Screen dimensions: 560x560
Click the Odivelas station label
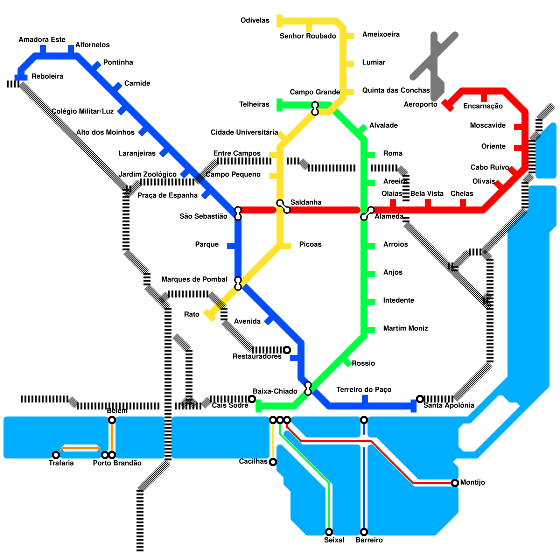pyautogui.click(x=255, y=20)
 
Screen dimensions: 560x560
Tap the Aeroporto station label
pyautogui.click(x=420, y=104)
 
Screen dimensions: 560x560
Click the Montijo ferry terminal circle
pyautogui.click(x=455, y=483)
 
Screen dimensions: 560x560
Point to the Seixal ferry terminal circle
pyautogui.click(x=329, y=532)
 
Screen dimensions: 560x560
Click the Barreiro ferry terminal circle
pyautogui.click(x=364, y=532)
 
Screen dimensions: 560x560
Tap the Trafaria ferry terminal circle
pyautogui.click(x=56, y=455)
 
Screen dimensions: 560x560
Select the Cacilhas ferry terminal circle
pyautogui.click(x=273, y=462)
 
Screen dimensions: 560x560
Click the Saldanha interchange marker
pyautogui.click(x=283, y=206)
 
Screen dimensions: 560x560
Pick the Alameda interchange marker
pyautogui.click(x=367, y=213)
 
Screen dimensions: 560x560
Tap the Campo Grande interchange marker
pyautogui.click(x=315, y=108)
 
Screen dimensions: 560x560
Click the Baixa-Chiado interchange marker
pyautogui.click(x=308, y=388)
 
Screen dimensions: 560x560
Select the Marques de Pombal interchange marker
pyautogui.click(x=238, y=283)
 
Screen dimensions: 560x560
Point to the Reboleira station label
pyautogui.click(x=47, y=76)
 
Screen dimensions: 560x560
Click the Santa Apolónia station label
pyautogui.click(x=449, y=405)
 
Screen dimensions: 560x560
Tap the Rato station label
pyautogui.click(x=191, y=314)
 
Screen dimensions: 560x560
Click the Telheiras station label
pyautogui.click(x=254, y=104)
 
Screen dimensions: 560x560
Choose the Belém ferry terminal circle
pyautogui.click(x=112, y=420)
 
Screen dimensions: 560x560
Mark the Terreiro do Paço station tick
pyautogui.click(x=365, y=400)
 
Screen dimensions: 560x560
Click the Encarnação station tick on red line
pyautogui.click(x=484, y=97)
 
